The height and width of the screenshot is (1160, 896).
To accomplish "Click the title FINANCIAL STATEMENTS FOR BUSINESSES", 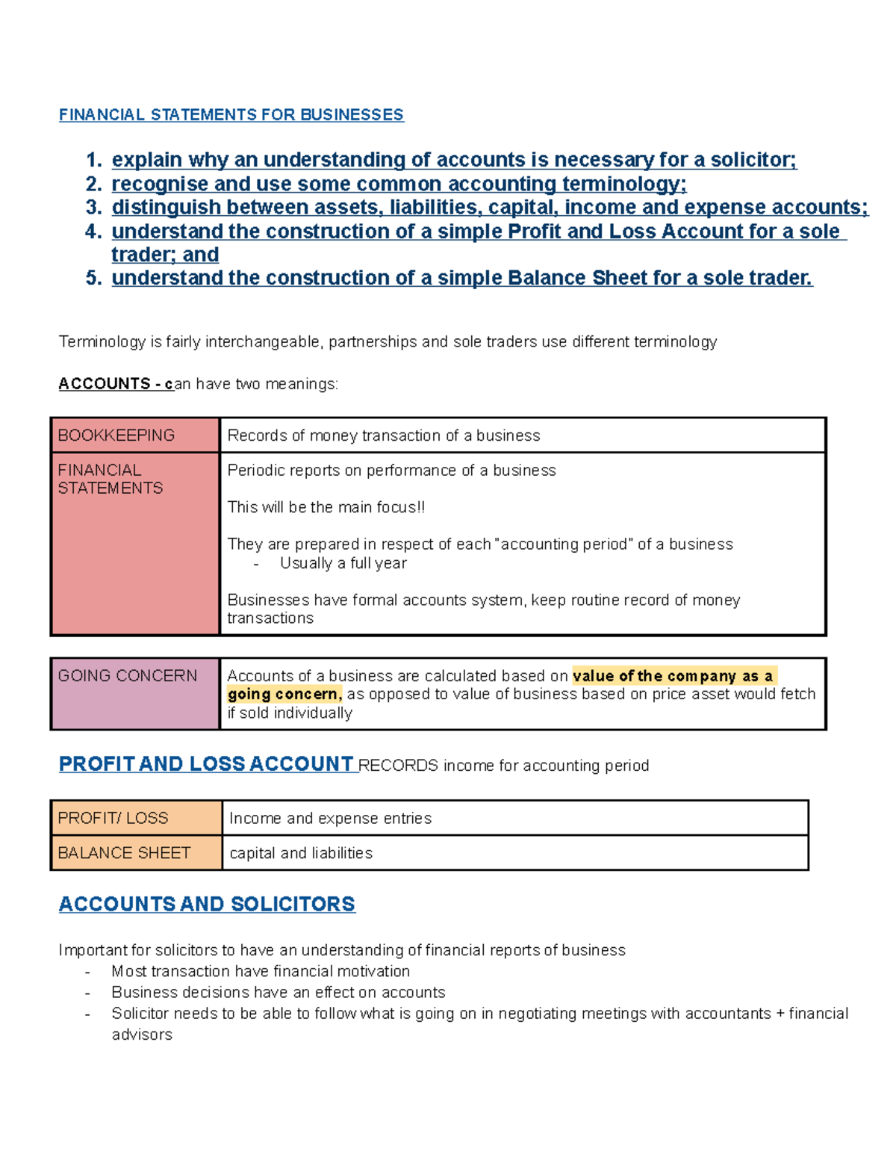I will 231,115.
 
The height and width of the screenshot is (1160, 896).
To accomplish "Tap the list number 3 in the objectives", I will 93,208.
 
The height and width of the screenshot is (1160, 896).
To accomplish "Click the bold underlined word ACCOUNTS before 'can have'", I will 105,384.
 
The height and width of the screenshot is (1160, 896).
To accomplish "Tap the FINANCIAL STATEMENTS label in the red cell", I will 110,480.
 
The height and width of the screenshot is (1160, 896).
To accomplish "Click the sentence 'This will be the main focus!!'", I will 326,507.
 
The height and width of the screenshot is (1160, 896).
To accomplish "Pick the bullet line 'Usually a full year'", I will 343,563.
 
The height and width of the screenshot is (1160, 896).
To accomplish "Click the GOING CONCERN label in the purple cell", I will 128,676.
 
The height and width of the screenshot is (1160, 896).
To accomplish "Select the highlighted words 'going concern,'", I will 284,695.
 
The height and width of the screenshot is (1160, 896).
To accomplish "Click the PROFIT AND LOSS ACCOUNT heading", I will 206,764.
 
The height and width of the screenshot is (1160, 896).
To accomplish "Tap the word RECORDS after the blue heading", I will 398,766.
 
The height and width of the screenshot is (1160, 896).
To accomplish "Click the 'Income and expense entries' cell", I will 330,819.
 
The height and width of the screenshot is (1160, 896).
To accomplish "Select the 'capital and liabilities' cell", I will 301,853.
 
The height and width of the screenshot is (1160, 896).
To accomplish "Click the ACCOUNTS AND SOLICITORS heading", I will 207,905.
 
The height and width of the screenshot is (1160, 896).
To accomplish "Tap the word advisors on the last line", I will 142,1035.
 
